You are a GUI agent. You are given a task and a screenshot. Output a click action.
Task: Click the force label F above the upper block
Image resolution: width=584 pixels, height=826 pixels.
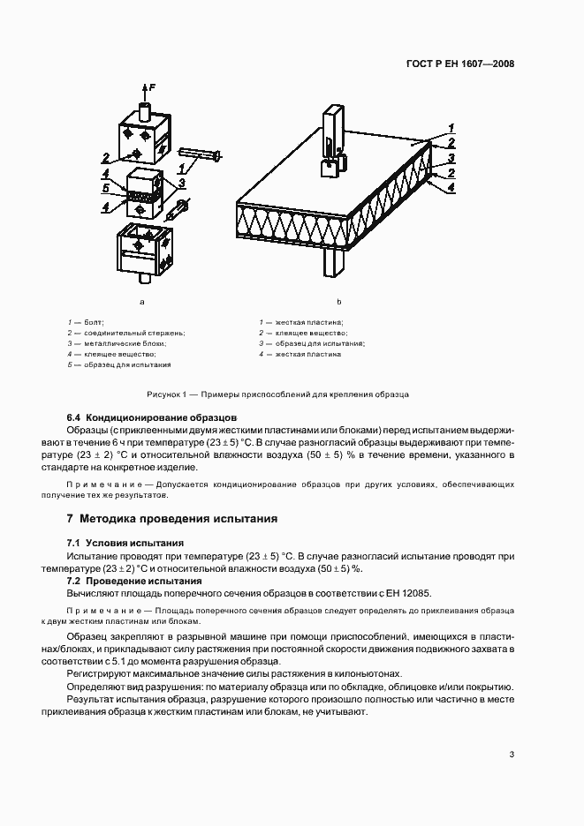[153, 86]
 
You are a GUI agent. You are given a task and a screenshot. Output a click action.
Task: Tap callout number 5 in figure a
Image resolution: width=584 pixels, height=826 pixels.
[106, 189]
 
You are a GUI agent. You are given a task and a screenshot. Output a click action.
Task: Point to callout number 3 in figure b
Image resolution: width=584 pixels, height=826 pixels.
[451, 158]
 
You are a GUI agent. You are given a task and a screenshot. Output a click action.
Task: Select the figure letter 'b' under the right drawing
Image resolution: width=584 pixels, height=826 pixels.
[338, 302]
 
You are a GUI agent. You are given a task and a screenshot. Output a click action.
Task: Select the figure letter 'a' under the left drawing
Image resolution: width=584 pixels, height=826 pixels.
[142, 302]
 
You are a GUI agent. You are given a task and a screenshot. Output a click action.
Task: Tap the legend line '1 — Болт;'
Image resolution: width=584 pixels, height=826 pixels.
[85, 323]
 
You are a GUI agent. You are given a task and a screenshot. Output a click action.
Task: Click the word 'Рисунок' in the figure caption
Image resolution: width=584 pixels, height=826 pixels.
[166, 393]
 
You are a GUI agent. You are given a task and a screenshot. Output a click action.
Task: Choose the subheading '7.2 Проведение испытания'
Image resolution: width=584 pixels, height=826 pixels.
[128, 581]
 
